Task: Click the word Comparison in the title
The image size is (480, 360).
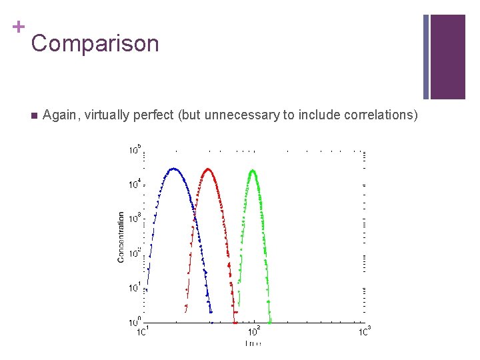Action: pyautogui.click(x=95, y=44)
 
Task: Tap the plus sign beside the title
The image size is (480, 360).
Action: pyautogui.click(x=18, y=27)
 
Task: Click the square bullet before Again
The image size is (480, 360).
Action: pyautogui.click(x=33, y=115)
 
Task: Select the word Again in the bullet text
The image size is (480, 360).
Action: pyautogui.click(x=59, y=115)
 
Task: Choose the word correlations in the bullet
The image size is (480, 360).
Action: pyautogui.click(x=380, y=115)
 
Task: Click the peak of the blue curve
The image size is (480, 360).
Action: pyautogui.click(x=175, y=169)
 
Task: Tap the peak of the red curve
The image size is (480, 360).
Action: pyautogui.click(x=209, y=169)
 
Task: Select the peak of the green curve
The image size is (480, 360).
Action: pyautogui.click(x=253, y=171)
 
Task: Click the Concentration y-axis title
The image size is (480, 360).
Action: pyautogui.click(x=121, y=237)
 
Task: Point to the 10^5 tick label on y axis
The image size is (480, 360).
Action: pyautogui.click(x=135, y=149)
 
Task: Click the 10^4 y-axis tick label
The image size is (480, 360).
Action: pyautogui.click(x=135, y=184)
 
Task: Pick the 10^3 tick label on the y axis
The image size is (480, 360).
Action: pyautogui.click(x=135, y=219)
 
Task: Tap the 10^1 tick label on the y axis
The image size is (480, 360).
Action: pyautogui.click(x=135, y=288)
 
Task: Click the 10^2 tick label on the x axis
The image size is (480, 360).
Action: pyautogui.click(x=254, y=331)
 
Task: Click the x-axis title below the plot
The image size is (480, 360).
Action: pyautogui.click(x=253, y=343)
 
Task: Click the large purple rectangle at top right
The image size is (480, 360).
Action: pyautogui.click(x=447, y=57)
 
